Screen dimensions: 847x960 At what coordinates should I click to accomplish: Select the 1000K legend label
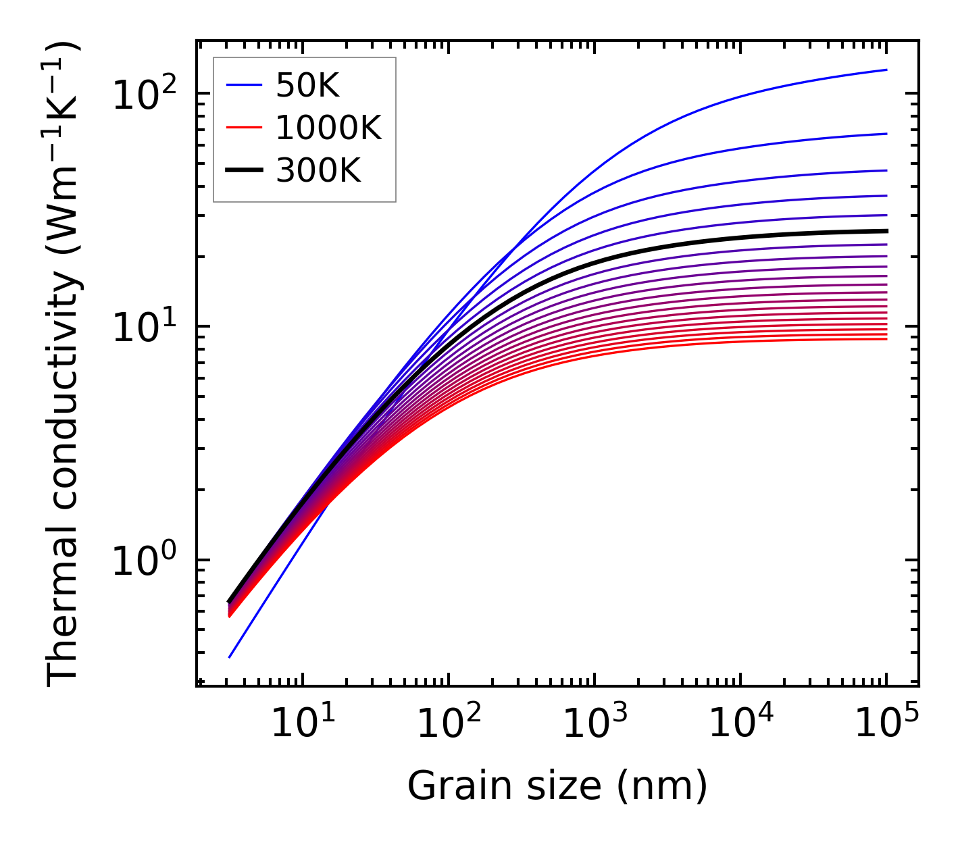(x=328, y=128)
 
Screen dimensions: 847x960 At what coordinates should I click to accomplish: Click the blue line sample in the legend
(x=243, y=85)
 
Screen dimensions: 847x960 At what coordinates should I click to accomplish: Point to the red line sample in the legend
(x=243, y=128)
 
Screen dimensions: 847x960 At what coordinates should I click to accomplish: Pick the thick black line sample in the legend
(x=243, y=171)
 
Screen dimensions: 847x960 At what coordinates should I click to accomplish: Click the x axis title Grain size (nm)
(x=557, y=786)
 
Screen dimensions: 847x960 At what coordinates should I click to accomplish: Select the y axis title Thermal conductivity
(x=64, y=365)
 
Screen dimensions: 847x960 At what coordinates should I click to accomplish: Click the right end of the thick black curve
(x=886, y=231)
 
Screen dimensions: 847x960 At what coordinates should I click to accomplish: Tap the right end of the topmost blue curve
(x=886, y=70)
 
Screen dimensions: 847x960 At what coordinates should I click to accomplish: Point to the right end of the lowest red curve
(x=886, y=338)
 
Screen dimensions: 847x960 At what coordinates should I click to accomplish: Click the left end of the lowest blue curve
(x=230, y=657)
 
